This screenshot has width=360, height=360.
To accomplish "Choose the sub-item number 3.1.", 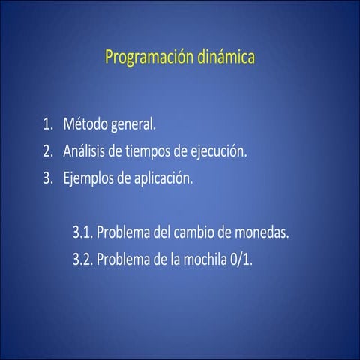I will (x=82, y=232).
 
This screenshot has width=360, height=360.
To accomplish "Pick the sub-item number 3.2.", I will (x=82, y=260).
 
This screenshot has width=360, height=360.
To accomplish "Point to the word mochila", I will (x=210, y=260).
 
